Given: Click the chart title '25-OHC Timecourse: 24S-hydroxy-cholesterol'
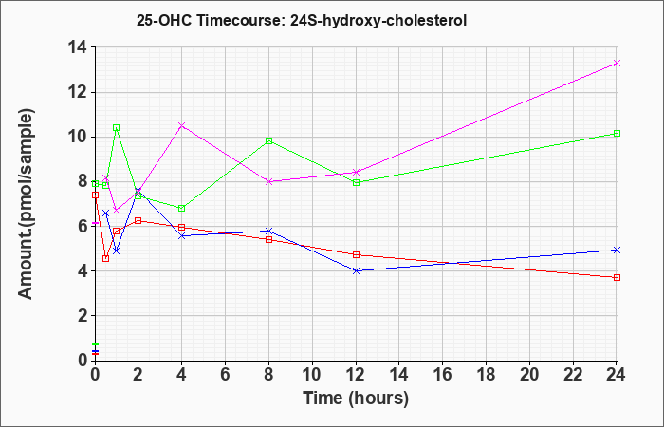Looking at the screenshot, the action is click(302, 20).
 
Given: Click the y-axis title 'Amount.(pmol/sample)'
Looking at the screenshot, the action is click(27, 204).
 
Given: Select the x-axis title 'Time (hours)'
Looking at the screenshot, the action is click(356, 399).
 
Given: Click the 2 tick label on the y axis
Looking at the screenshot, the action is click(83, 316).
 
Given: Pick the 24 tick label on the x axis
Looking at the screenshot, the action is click(617, 375).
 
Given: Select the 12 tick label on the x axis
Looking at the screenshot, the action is click(356, 375).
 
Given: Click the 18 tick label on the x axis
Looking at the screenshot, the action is click(487, 375).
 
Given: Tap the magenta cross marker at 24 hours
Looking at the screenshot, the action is click(617, 64).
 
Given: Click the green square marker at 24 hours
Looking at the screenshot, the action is click(617, 134).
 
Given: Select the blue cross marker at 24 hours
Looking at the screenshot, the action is click(617, 250).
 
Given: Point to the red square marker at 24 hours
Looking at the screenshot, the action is click(617, 277).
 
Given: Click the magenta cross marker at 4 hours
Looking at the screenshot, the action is click(182, 126).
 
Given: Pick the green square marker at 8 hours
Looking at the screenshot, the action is click(268, 140).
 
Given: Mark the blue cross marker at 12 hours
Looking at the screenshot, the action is click(356, 270).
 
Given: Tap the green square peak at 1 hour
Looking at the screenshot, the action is click(117, 127).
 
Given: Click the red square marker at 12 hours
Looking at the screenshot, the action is click(356, 254).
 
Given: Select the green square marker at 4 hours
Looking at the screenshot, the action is click(182, 208).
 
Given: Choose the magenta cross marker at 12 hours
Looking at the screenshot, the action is click(356, 172).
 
